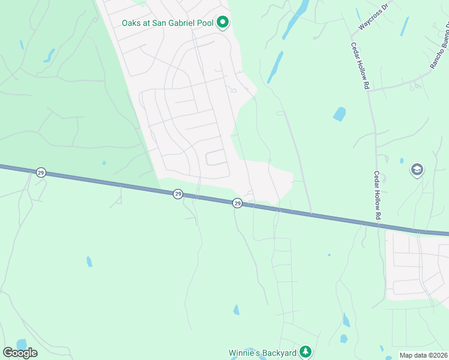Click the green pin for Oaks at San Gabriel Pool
(223, 23)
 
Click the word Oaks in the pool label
(133, 23)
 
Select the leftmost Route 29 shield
(41, 172)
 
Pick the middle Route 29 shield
(178, 194)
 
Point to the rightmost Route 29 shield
(237, 204)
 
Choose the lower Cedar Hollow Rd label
(377, 195)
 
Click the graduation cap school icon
(417, 170)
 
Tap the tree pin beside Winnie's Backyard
(306, 352)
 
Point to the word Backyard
(280, 353)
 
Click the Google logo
(20, 353)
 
